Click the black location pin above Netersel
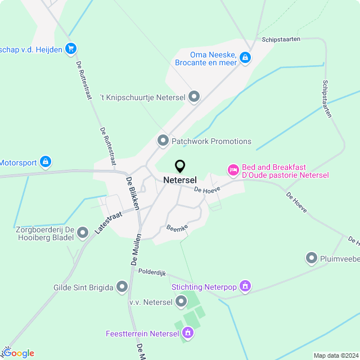(180, 166)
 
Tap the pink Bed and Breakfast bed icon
(232, 169)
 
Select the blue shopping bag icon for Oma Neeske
(245, 57)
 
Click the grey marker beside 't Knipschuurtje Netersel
(194, 97)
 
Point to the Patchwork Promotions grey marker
(163, 141)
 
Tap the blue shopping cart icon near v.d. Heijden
(70, 48)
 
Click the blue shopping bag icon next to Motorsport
(46, 163)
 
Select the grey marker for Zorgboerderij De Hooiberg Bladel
(83, 232)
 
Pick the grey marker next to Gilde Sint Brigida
(122, 287)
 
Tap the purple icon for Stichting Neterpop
(245, 287)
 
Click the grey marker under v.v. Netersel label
(181, 303)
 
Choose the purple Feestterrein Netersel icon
(188, 334)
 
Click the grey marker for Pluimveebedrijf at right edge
(312, 258)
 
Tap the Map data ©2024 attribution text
(336, 355)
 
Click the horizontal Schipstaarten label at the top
(281, 39)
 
